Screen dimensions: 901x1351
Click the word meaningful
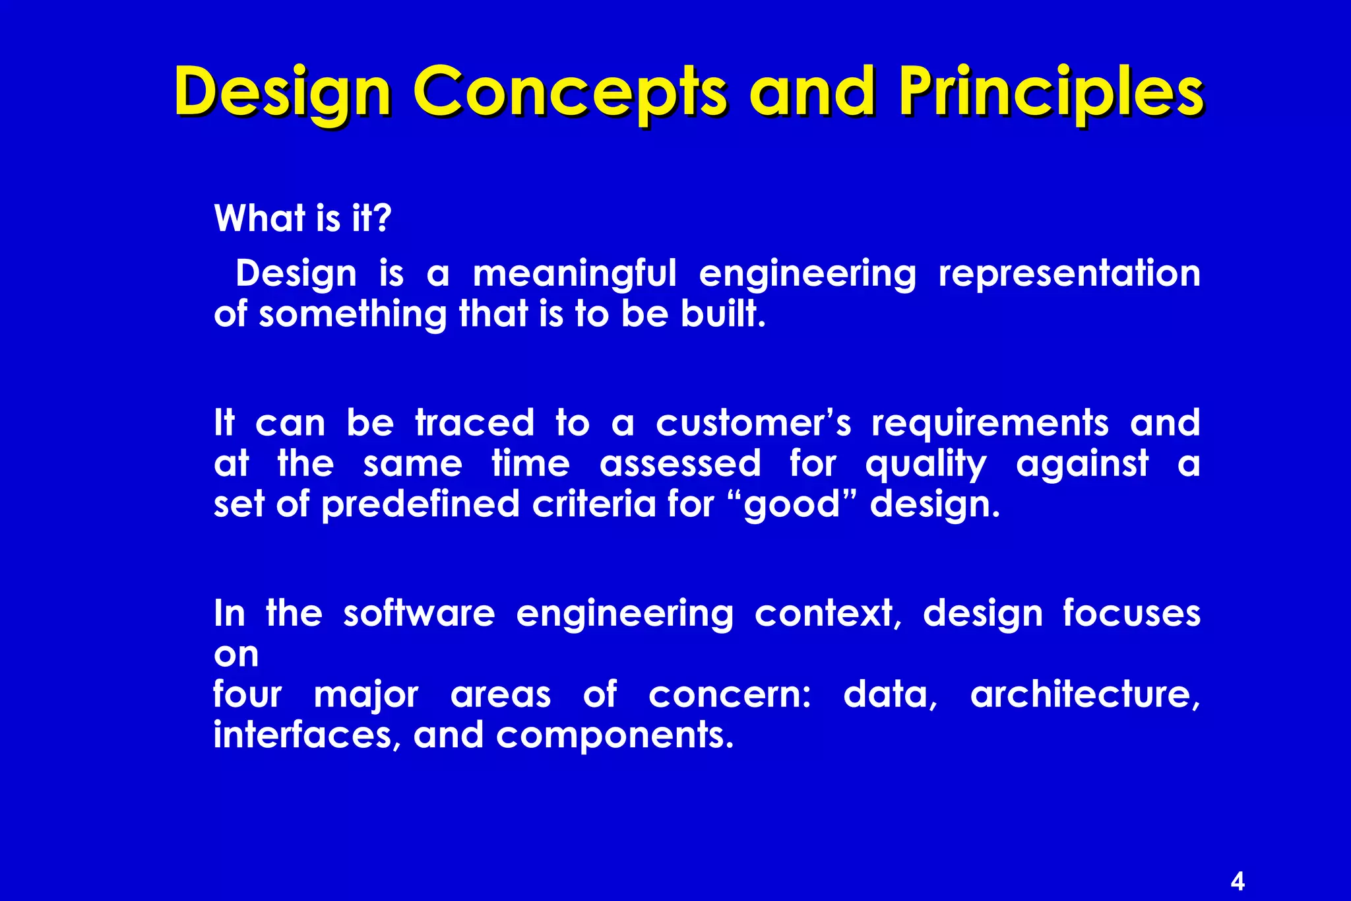coord(575,274)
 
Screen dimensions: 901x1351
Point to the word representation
coord(1069,274)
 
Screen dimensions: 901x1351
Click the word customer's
coord(753,423)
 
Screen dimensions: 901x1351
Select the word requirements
coord(990,423)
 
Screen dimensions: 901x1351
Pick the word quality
coord(926,465)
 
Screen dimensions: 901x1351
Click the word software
coord(419,614)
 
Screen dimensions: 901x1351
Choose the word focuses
coord(1131,614)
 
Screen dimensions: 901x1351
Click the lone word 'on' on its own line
coord(236,655)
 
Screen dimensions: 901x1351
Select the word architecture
coord(1084,695)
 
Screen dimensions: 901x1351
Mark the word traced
coord(475,423)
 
